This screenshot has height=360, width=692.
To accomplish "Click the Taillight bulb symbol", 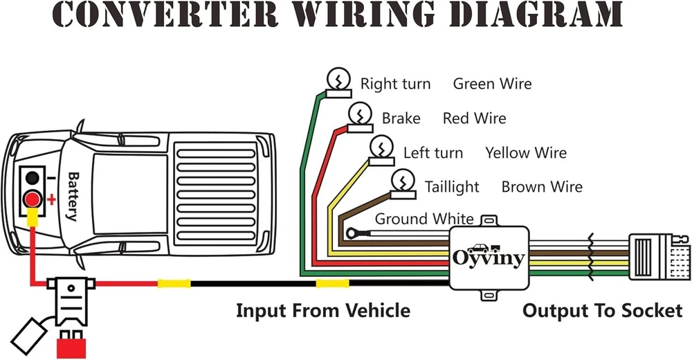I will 401,183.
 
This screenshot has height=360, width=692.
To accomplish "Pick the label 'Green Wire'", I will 492,84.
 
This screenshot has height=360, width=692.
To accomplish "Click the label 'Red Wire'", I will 474,118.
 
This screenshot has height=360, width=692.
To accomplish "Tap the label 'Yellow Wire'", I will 525,153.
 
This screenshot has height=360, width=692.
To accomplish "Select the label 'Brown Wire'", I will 542,187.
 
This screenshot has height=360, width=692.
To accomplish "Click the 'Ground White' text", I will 424,219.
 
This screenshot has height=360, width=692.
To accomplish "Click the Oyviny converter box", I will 489,258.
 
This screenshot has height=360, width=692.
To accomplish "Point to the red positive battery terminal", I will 31,200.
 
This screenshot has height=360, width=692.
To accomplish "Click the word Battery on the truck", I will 73,196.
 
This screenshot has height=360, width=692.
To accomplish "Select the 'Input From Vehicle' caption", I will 322,310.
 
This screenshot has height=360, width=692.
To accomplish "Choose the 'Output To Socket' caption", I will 602,310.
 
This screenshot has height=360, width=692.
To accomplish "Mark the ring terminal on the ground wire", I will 355,235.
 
